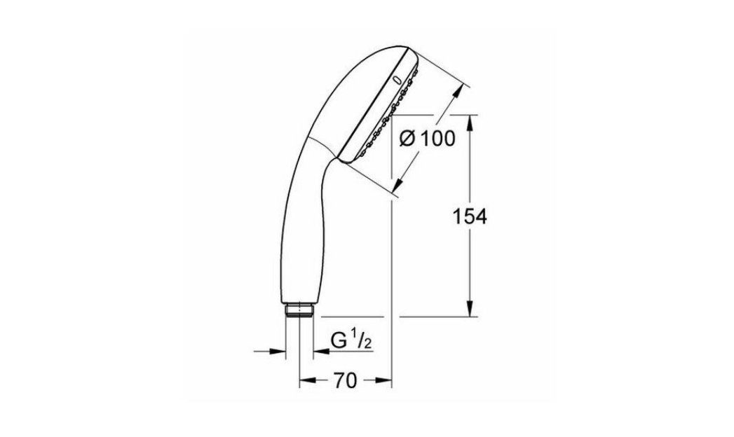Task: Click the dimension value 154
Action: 468,216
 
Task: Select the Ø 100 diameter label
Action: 426,139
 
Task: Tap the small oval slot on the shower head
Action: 400,80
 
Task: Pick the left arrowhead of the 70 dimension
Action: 305,381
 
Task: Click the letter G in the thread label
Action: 339,342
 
